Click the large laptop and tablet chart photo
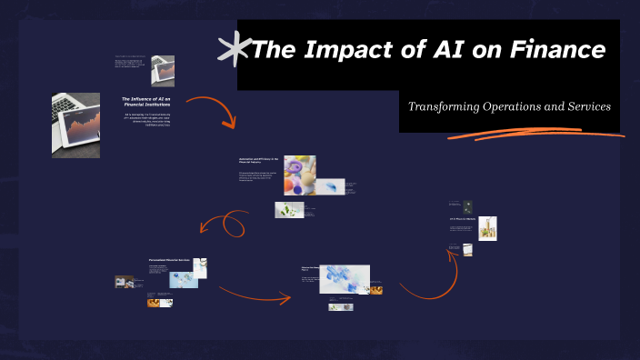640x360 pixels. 75,125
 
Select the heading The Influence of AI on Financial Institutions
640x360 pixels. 147,101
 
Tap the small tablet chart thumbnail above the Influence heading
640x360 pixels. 163,69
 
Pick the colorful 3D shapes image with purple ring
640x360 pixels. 299,174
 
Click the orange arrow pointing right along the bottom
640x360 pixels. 255,293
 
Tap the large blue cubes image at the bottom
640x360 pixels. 345,278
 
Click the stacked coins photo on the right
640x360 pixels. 489,228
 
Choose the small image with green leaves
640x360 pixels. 289,210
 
